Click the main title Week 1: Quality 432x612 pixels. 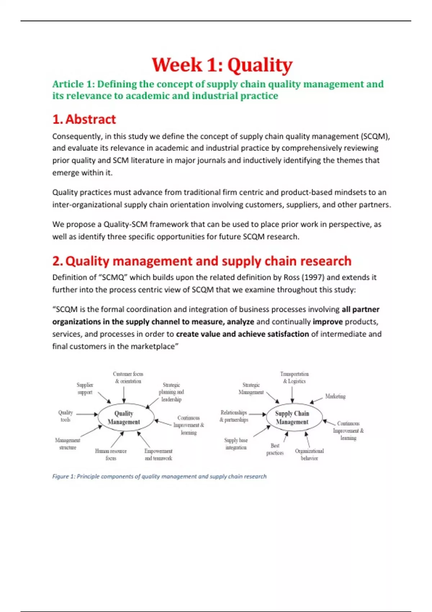222,65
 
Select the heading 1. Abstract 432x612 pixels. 84,119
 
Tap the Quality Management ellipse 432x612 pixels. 124,418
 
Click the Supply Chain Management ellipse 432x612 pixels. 292,418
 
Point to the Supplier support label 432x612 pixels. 85,389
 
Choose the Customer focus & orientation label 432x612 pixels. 128,378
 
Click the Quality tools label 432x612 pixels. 66,416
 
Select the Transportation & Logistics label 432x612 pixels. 294,378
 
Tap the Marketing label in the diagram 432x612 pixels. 335,396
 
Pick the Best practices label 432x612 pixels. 275,449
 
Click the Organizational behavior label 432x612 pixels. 309,455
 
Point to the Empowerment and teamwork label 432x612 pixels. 158,455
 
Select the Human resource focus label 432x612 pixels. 111,455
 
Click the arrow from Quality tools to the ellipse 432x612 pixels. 87,414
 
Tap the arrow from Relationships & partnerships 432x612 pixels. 257,414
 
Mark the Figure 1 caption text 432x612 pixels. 159,476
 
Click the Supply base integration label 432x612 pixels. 236,444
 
